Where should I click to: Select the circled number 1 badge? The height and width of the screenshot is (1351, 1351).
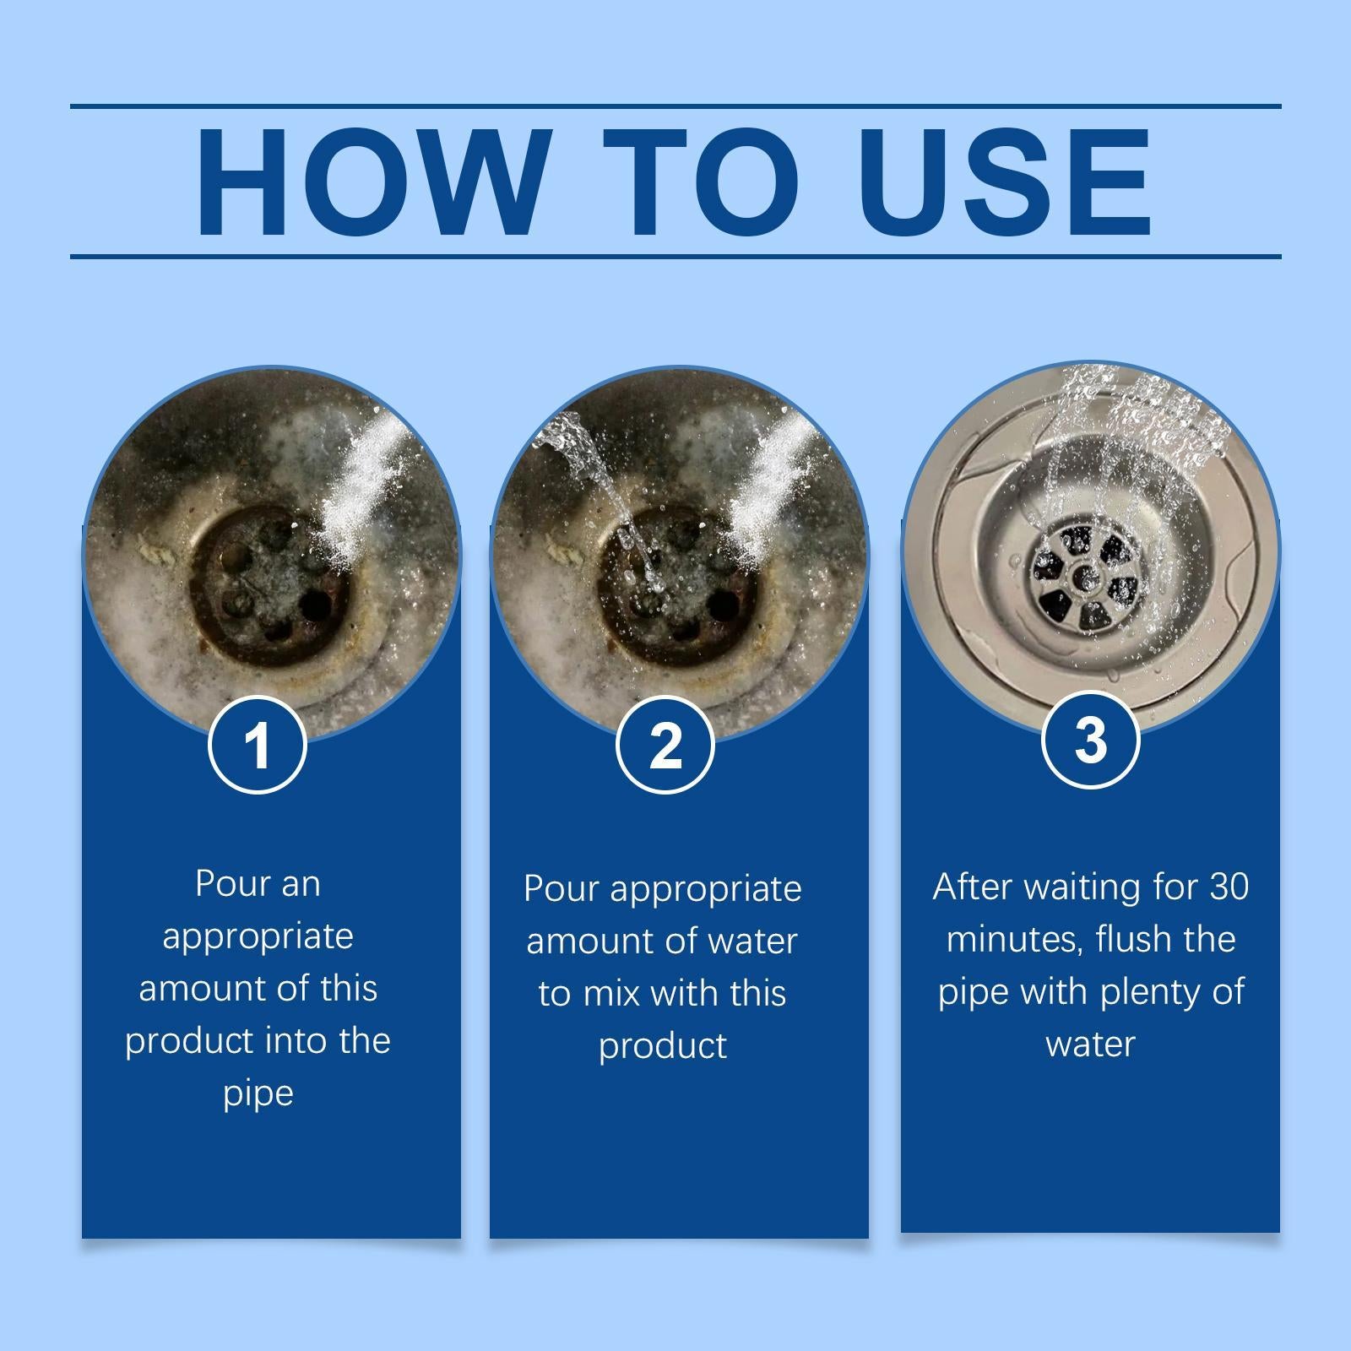(x=258, y=745)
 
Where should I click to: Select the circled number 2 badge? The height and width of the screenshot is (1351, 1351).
(x=665, y=745)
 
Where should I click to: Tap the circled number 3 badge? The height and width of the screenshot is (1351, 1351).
(x=1091, y=740)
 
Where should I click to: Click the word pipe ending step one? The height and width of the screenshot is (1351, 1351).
(x=258, y=1094)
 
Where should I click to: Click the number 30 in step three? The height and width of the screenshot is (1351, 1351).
(x=1229, y=887)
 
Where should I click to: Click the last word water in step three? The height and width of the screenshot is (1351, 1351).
(x=1090, y=1044)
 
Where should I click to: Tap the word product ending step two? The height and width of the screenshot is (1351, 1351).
(x=663, y=1047)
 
